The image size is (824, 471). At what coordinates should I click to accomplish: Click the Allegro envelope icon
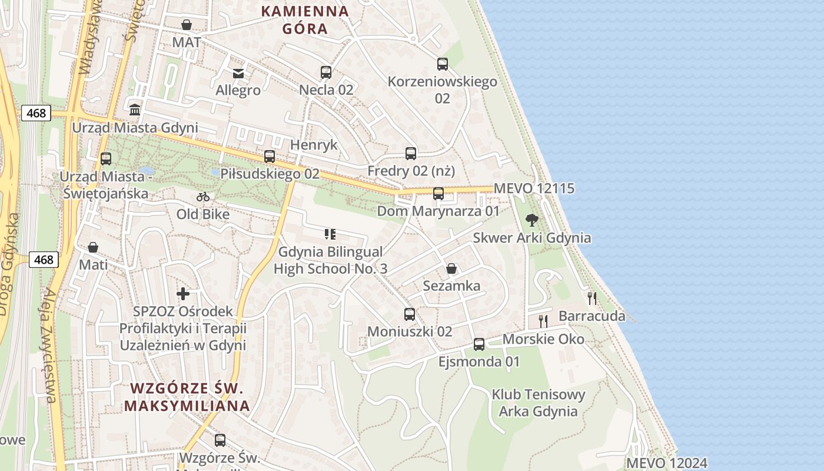tap(238, 73)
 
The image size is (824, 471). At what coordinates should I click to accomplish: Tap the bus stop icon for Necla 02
tap(326, 72)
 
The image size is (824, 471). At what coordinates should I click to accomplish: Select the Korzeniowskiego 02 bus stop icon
tap(443, 64)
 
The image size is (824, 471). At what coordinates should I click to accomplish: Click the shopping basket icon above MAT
tap(187, 25)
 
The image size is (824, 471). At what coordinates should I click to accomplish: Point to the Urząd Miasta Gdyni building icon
tap(135, 110)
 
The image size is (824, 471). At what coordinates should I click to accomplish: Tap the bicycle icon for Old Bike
tap(203, 197)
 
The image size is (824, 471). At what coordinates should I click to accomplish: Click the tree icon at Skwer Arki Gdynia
tap(532, 221)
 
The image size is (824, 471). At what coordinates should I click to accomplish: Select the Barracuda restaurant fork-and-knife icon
tap(592, 298)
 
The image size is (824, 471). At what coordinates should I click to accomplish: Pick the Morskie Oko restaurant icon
tap(543, 321)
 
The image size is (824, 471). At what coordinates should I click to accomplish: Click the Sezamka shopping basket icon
tap(451, 268)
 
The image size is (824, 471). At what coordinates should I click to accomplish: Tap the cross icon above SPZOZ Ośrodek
tap(183, 293)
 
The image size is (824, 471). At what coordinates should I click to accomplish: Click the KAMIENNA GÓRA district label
tap(305, 19)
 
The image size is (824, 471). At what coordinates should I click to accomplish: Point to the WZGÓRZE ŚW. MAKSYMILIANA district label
tap(187, 397)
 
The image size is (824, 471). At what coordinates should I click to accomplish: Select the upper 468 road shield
tap(36, 112)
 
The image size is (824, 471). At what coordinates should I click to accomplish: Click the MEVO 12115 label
tap(534, 188)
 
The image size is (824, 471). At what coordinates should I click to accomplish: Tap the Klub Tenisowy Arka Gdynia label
tap(538, 403)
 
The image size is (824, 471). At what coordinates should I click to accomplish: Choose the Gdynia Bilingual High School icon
tap(330, 234)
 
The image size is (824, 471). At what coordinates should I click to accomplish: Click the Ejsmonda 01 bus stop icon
tap(479, 344)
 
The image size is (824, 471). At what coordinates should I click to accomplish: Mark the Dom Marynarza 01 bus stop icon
tap(438, 193)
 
